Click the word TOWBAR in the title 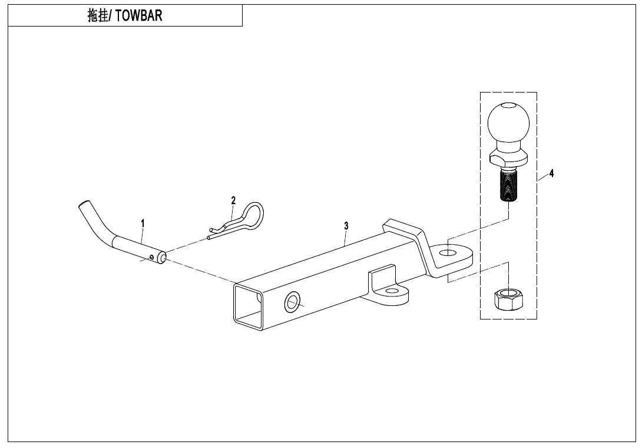pyautogui.click(x=138, y=16)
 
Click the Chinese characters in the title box pyautogui.click(x=97, y=16)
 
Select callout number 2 pyautogui.click(x=233, y=200)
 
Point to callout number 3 pyautogui.click(x=346, y=226)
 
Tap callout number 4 pyautogui.click(x=551, y=173)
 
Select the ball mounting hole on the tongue pyautogui.click(x=447, y=252)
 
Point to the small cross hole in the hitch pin pyautogui.click(x=152, y=256)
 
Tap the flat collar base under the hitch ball pyautogui.click(x=508, y=158)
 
